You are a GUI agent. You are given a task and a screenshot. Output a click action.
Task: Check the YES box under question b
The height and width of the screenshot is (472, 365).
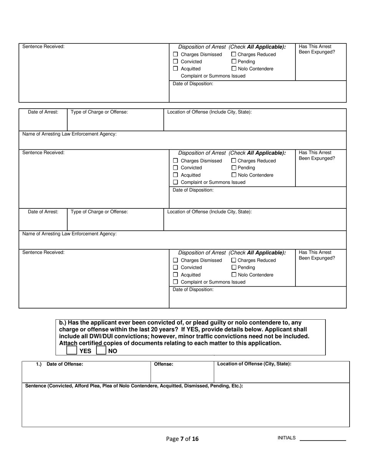point(71,350)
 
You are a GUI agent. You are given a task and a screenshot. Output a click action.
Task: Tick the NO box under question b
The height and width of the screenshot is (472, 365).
point(101,350)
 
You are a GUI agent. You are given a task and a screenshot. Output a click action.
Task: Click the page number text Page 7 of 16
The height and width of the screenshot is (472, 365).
point(182,439)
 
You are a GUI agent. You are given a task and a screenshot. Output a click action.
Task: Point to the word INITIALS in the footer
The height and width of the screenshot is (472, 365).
point(286,438)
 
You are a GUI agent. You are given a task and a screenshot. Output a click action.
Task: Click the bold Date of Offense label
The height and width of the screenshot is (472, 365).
point(65,364)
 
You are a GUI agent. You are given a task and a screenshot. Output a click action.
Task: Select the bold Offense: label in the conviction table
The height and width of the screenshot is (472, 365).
point(163,364)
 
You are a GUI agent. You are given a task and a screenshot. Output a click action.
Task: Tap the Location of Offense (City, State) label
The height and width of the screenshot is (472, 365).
point(254,364)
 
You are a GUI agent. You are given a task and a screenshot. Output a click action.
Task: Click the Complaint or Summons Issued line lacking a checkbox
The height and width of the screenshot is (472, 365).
point(213,76)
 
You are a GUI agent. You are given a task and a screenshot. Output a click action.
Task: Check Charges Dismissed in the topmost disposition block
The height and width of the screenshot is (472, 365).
point(176,54)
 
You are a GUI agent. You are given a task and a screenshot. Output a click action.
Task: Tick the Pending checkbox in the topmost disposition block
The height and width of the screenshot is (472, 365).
point(234,61)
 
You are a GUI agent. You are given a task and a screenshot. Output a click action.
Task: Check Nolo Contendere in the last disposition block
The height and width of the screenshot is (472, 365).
point(234,274)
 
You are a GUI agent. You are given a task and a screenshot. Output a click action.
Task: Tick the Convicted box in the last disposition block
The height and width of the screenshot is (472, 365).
point(176,267)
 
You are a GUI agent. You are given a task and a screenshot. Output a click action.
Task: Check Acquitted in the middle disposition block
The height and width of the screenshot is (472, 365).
point(176,175)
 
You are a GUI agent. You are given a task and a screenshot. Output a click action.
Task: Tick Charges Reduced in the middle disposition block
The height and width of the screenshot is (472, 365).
point(234,161)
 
